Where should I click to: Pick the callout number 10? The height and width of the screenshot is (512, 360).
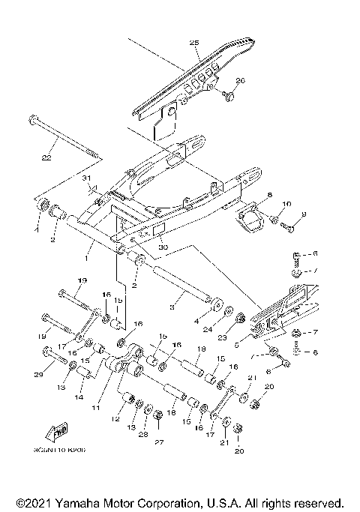(286, 204)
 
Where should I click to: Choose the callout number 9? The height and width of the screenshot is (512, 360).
(304, 214)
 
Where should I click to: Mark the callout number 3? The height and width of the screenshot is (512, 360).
(172, 307)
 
